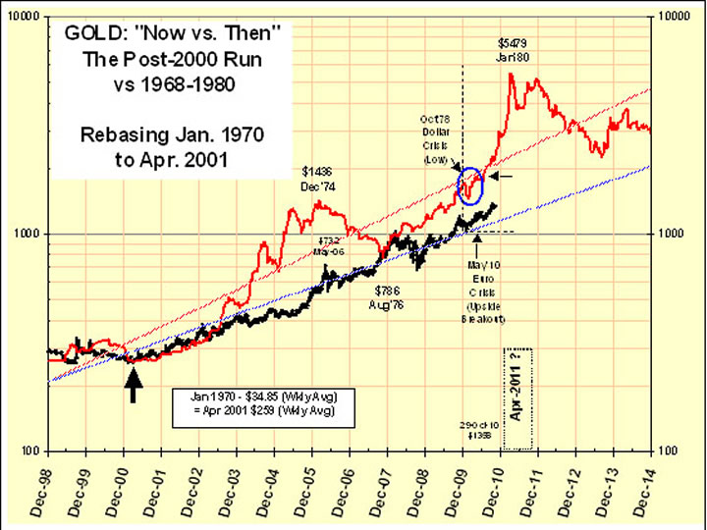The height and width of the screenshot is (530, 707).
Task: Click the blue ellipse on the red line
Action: tap(471, 185)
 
